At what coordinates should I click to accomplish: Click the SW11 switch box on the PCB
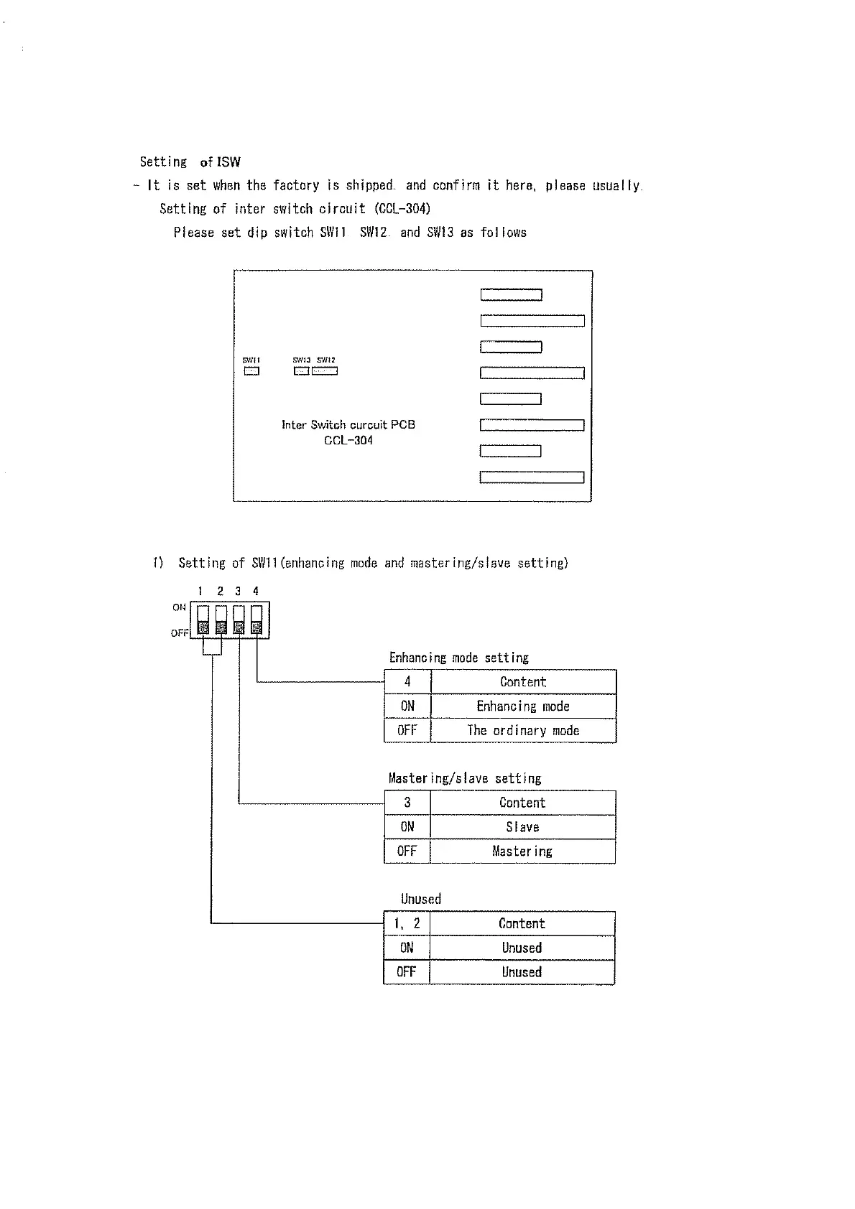point(251,371)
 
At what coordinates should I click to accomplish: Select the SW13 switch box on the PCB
point(301,371)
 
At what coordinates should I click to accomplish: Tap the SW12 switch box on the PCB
point(325,371)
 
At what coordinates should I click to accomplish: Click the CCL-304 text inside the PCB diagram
point(348,441)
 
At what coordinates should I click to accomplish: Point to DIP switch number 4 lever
point(256,620)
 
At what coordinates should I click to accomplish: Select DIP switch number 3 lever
point(239,620)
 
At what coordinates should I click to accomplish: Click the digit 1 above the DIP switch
point(201,592)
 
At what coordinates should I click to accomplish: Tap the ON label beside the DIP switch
point(179,607)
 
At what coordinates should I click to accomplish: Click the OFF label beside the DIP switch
point(180,633)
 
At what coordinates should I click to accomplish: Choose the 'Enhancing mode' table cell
point(523,706)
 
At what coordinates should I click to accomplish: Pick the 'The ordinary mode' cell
point(523,731)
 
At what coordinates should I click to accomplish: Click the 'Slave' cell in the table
point(522,827)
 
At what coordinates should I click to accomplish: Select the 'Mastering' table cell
point(522,851)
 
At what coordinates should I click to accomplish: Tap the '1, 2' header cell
point(407,924)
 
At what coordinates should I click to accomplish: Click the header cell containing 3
point(407,803)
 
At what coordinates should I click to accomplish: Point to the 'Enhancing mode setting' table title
point(458,658)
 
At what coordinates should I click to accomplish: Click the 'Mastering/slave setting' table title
point(465,778)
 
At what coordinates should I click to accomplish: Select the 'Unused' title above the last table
point(421,899)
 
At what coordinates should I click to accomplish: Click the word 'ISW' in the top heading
point(229,162)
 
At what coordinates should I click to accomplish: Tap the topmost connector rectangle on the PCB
point(511,295)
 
